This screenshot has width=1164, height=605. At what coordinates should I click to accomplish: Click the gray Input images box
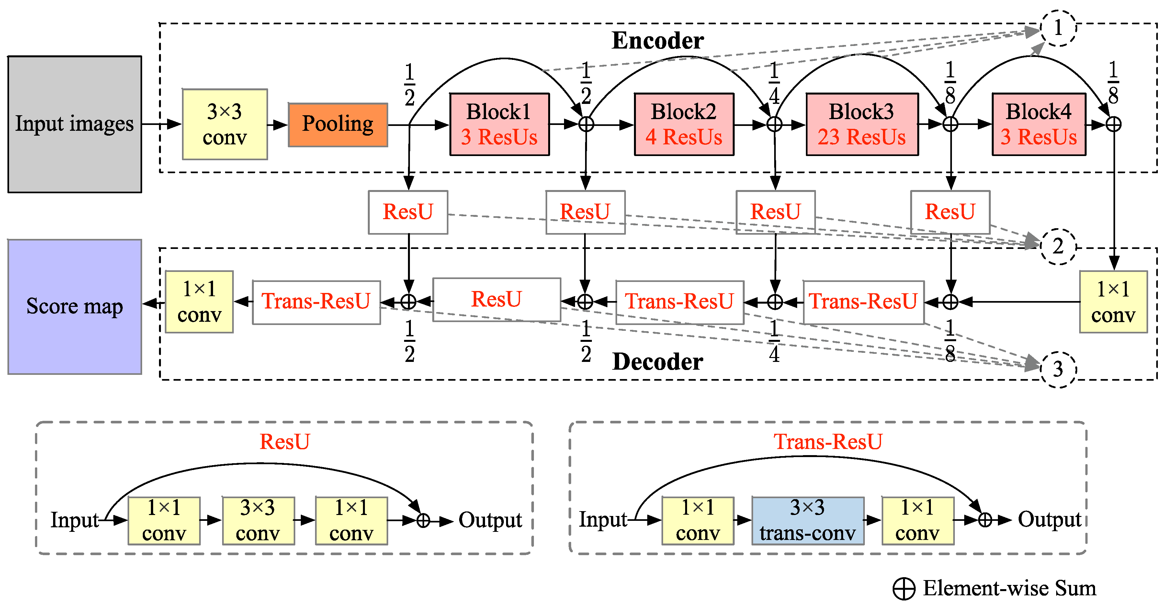coord(74,124)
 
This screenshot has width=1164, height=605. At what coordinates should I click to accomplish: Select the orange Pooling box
coord(337,124)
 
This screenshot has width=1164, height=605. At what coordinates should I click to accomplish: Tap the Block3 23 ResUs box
coord(862,124)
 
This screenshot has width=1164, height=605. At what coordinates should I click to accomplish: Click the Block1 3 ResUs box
coord(499,124)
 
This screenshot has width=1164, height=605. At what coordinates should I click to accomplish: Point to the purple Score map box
coord(74,306)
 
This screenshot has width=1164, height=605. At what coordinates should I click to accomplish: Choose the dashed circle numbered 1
coord(1058,28)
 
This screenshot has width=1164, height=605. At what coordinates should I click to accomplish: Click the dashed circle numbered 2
coord(1058,246)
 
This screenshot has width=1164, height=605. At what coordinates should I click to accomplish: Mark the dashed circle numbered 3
coord(1058,369)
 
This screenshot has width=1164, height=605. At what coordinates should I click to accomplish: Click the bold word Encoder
coord(658,41)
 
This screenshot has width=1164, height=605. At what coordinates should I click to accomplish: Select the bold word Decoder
coord(658,362)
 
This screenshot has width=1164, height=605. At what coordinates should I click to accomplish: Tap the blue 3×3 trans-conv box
coord(808,521)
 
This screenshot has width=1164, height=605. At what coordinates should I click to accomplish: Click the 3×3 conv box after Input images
coord(225,124)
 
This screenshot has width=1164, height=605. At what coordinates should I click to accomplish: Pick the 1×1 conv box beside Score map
coord(199,302)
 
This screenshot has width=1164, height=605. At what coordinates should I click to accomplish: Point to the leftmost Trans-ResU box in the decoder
coord(316,302)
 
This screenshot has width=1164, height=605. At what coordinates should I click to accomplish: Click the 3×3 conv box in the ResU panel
coord(258,521)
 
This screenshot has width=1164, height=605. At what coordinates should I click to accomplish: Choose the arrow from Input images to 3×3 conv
coord(161,124)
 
